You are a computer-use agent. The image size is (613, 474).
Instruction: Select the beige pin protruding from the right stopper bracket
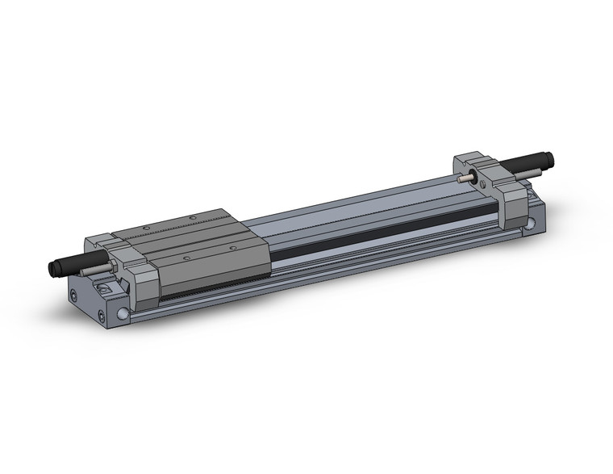(461, 180)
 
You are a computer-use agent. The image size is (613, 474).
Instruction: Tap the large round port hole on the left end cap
(122, 313)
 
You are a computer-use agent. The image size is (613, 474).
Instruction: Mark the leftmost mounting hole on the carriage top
(148, 228)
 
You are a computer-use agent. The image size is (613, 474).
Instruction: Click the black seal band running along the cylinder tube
(379, 235)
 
